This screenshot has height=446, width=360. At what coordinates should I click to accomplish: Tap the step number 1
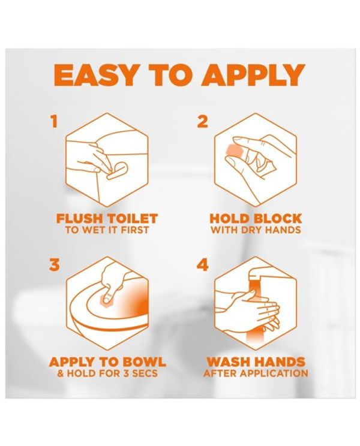tap(54, 122)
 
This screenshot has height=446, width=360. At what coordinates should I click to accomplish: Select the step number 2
tap(202, 122)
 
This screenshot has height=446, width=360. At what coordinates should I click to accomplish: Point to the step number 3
tap(55, 265)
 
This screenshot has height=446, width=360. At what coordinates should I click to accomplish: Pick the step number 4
tap(203, 265)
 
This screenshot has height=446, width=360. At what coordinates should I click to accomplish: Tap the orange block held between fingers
tap(233, 151)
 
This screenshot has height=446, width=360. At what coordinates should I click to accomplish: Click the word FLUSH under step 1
tap(79, 218)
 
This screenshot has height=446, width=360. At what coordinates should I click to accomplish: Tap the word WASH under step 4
tap(227, 362)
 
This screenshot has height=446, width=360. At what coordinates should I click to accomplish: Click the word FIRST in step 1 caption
tap(134, 230)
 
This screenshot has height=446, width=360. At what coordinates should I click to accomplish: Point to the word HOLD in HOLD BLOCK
tap(230, 218)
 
